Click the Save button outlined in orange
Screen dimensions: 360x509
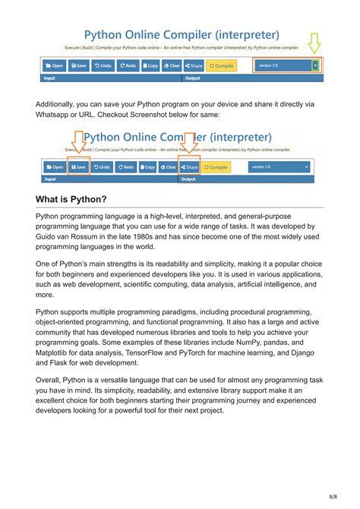(77, 166)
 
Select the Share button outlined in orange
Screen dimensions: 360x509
(190, 166)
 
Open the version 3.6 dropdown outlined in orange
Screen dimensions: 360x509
(287, 66)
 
